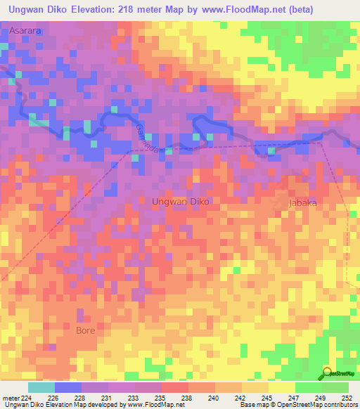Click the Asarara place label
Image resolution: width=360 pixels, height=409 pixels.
(25, 32)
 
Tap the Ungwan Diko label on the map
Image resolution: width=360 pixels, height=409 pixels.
(181, 201)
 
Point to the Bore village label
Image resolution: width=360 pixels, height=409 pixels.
(85, 329)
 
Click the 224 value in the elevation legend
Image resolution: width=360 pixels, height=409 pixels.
(25, 396)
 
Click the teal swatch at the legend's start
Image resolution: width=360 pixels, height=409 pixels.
(41, 387)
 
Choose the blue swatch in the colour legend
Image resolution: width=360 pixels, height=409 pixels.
(68, 387)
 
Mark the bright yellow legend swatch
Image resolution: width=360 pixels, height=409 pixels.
(281, 387)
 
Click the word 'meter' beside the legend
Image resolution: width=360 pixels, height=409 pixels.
(10, 396)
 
